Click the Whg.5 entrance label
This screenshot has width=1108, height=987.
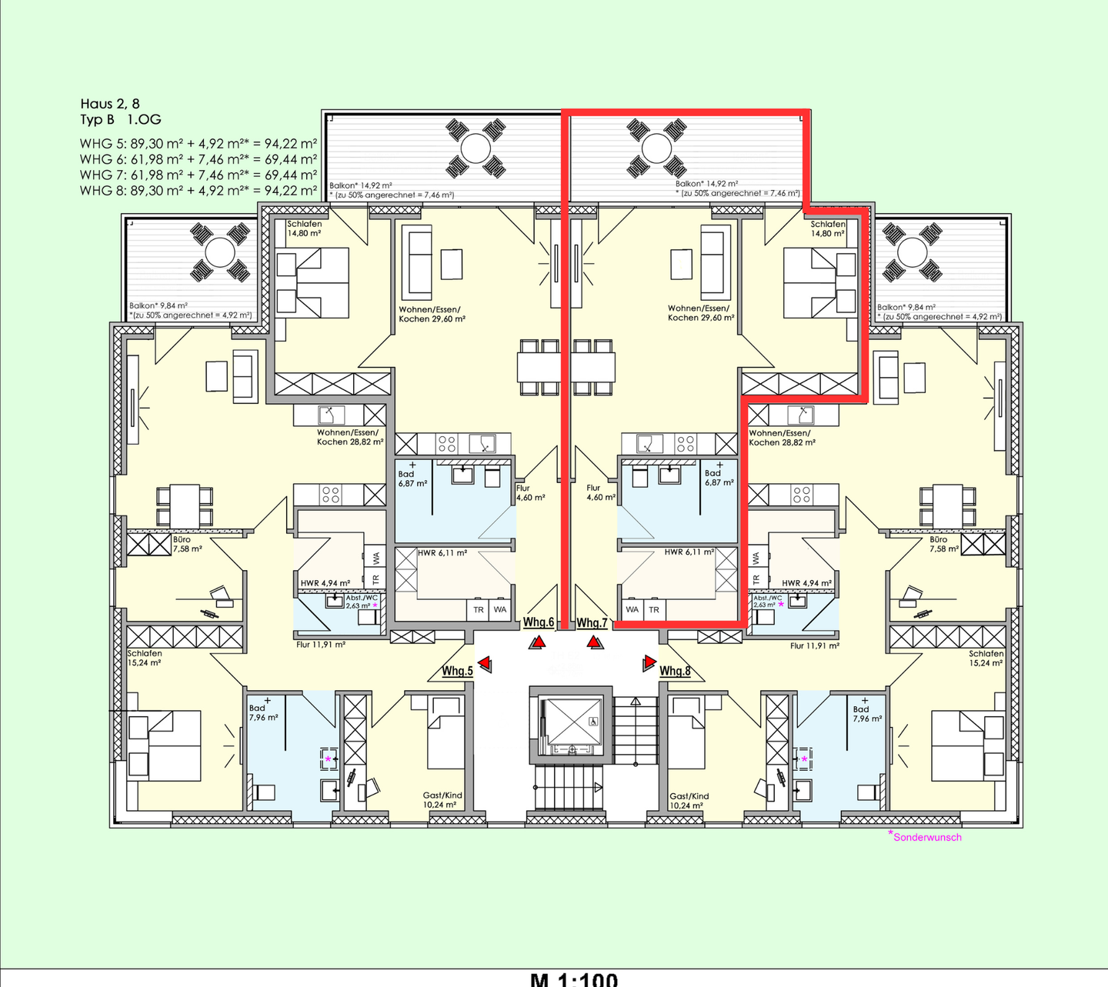pos(457,671)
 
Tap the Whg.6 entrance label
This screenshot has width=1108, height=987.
pos(539,622)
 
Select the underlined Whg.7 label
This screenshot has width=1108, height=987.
pos(592,622)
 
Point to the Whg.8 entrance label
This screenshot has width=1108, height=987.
pos(675,671)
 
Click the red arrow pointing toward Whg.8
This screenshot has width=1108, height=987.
pos(649,662)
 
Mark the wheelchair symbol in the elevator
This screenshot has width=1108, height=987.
pos(592,722)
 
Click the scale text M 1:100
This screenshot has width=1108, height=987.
pos(574,979)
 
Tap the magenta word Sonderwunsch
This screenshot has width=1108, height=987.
pos(927,837)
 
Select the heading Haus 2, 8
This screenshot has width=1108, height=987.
pos(110,104)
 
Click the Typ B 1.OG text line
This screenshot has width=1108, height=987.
pos(121,119)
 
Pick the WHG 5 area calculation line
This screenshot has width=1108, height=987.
pos(199,144)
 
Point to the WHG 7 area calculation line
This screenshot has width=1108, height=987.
pos(199,175)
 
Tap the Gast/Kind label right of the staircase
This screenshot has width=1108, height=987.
pos(689,801)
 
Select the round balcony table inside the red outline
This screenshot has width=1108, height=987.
pos(656,148)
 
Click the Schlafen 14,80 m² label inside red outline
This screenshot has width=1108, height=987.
pos(827,228)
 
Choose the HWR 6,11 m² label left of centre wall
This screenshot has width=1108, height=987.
pos(442,553)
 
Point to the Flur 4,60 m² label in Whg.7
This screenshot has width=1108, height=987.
pos(600,492)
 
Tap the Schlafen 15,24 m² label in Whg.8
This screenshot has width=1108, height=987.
pos(986,658)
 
